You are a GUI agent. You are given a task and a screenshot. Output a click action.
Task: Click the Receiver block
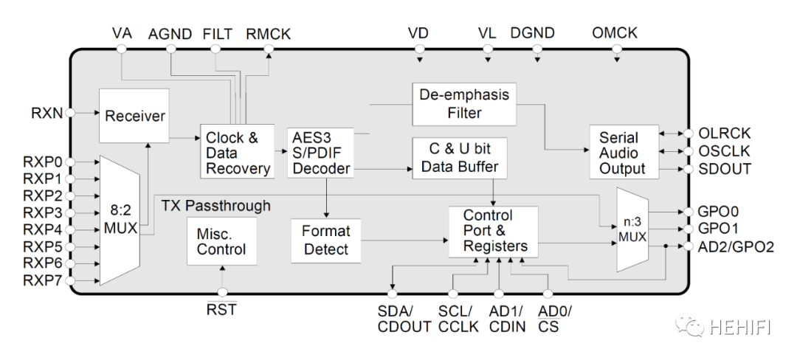[x=134, y=117]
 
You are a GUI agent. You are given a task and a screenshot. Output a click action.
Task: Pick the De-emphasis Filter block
[x=463, y=104]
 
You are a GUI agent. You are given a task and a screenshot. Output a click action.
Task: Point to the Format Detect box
[x=326, y=240]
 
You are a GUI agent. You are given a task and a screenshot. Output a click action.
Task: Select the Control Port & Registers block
[x=493, y=231]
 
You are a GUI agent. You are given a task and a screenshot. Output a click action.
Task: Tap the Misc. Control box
[x=222, y=240]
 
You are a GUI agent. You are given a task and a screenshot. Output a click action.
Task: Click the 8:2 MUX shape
[x=119, y=218]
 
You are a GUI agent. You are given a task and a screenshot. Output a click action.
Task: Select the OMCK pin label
[x=615, y=34]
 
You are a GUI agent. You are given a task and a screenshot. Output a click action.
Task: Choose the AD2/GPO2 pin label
[x=736, y=246]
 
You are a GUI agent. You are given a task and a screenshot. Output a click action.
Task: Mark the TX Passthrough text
[x=215, y=205]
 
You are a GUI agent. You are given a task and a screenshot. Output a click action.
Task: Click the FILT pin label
[x=217, y=34]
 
